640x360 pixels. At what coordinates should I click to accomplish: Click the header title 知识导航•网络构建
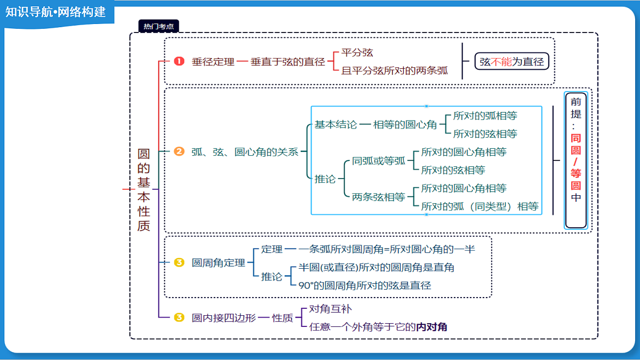(x=55, y=12)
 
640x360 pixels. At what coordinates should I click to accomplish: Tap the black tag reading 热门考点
(x=158, y=26)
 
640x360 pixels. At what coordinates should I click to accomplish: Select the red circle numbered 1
(x=179, y=61)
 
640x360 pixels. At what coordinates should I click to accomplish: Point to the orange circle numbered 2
(x=179, y=151)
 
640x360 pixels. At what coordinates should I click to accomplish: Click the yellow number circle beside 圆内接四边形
(x=179, y=317)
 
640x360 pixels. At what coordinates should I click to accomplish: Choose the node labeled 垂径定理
(x=213, y=62)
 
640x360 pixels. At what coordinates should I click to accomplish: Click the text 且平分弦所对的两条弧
(x=395, y=70)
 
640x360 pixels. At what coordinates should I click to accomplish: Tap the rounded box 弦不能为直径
(x=511, y=61)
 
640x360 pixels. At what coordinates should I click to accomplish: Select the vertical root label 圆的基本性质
(x=143, y=190)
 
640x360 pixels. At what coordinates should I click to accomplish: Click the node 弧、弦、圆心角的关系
(x=245, y=151)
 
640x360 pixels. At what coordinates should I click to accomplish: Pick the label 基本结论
(x=335, y=125)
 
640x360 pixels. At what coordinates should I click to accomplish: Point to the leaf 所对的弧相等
(x=485, y=115)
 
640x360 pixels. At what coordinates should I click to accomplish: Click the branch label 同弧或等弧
(x=379, y=161)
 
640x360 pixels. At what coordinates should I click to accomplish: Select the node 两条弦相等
(x=379, y=197)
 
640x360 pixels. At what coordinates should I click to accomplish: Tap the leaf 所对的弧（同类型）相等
(x=480, y=206)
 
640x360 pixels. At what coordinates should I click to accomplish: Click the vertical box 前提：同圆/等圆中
(x=576, y=161)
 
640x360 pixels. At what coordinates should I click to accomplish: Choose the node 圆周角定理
(x=218, y=262)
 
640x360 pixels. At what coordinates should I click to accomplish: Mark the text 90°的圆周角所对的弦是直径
(x=365, y=285)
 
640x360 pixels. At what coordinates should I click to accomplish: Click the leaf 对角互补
(x=330, y=309)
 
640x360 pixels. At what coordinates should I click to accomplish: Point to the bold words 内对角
(x=431, y=327)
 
